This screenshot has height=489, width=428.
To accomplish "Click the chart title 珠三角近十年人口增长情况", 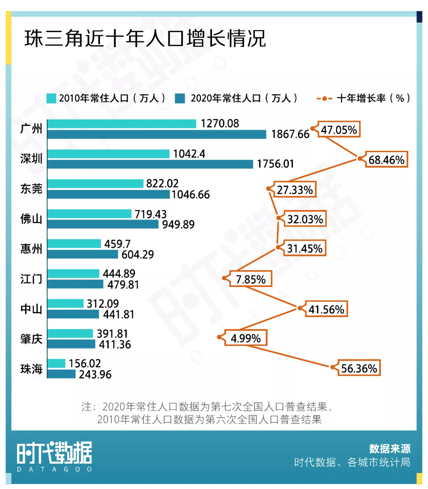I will [x=145, y=38].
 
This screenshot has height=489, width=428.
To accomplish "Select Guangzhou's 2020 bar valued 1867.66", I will [x=157, y=134].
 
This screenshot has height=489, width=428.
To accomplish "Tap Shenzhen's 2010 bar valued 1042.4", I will [x=108, y=154].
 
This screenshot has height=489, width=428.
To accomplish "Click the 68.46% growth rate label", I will [x=386, y=160].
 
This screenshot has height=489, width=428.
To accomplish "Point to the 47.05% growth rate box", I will [x=339, y=130].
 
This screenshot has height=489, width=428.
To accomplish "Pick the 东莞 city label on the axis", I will [x=31, y=189].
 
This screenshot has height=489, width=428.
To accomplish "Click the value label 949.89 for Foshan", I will [x=178, y=225].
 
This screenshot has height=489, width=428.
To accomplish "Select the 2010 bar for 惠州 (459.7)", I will [x=74, y=243].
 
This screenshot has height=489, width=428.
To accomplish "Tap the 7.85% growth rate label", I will [x=250, y=279].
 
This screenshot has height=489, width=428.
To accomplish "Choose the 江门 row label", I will [x=31, y=279].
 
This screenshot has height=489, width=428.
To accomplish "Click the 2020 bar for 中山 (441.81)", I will [x=73, y=314].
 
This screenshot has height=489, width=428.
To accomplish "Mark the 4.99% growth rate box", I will [x=246, y=338].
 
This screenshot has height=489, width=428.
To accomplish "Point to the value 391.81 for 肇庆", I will [x=112, y=334].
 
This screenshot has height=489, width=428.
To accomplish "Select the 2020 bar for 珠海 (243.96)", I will [x=61, y=374].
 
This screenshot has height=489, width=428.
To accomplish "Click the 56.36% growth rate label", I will [x=359, y=369].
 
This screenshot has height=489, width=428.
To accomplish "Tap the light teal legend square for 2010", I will [x=51, y=98].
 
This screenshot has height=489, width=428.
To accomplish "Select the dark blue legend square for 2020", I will [x=180, y=98].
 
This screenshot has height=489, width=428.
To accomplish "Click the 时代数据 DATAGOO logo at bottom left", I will [x=54, y=456].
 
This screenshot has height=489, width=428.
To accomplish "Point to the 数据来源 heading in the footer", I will [x=390, y=449].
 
